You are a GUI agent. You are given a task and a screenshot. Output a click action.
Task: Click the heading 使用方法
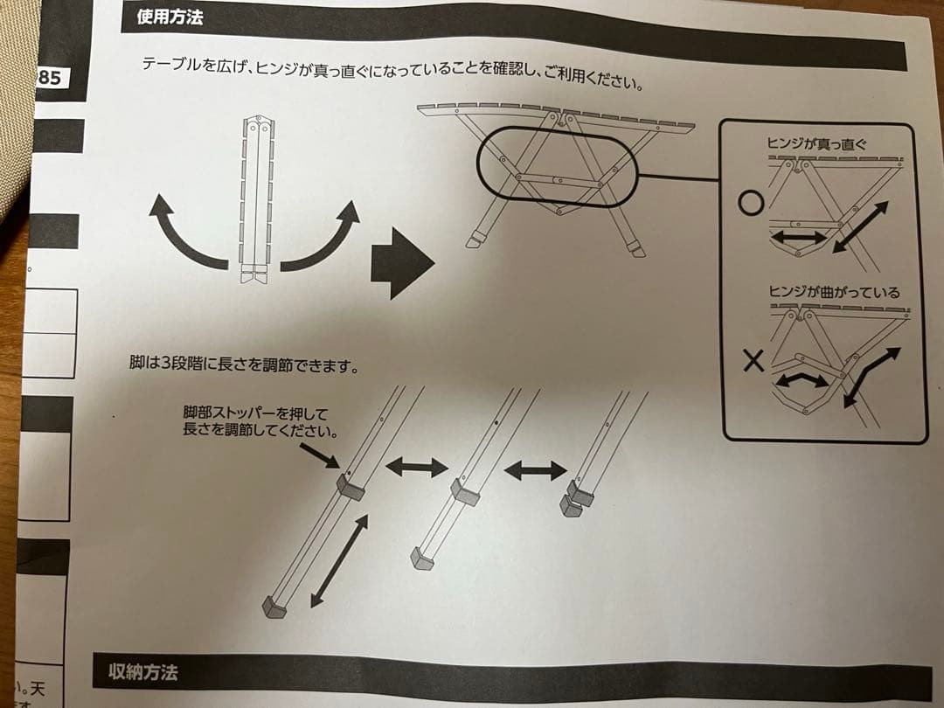coord(170,16)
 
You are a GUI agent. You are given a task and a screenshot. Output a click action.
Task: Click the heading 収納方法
coord(143,672)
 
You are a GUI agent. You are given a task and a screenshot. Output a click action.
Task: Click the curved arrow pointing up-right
coord(323,233)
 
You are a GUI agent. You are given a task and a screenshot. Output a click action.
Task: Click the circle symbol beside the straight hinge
coord(750,205)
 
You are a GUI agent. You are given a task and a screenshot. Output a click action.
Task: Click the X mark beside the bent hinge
coord(753,360)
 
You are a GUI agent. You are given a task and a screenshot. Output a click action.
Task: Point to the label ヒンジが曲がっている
coord(832,292)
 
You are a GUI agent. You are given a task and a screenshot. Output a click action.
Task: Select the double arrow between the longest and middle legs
coord(416,468)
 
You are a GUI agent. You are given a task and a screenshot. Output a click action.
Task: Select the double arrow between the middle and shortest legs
coord(535,470)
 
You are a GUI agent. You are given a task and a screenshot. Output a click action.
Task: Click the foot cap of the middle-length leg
coord(423,558)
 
